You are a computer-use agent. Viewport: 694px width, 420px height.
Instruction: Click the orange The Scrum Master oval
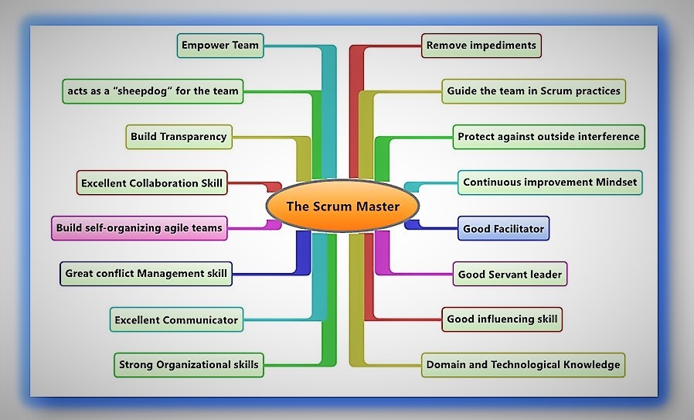[342, 207]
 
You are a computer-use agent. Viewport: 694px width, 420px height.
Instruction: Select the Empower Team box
[220, 46]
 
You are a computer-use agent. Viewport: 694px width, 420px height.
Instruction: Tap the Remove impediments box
[481, 46]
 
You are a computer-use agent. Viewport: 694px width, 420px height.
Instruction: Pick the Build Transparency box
[179, 137]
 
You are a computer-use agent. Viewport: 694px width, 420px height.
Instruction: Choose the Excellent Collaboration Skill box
[151, 183]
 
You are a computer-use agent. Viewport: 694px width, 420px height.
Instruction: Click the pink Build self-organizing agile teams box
[139, 228]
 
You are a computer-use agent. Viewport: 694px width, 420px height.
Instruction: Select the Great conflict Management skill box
[146, 273]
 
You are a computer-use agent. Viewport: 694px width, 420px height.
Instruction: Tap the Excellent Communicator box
[176, 319]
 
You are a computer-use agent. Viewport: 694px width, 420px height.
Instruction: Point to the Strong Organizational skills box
[189, 364]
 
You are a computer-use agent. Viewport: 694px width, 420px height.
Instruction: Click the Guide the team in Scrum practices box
[533, 91]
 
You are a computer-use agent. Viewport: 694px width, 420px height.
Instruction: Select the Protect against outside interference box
[548, 137]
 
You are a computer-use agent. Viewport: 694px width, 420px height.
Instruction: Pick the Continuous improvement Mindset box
[549, 183]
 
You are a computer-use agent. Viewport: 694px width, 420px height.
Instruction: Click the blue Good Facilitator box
[503, 229]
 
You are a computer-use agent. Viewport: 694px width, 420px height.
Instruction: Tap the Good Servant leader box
[510, 274]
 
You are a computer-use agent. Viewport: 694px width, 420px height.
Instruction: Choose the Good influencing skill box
[501, 319]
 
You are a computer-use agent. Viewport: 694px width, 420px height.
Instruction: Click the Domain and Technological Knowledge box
[522, 364]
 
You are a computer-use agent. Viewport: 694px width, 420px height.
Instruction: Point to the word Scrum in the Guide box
[546, 91]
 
